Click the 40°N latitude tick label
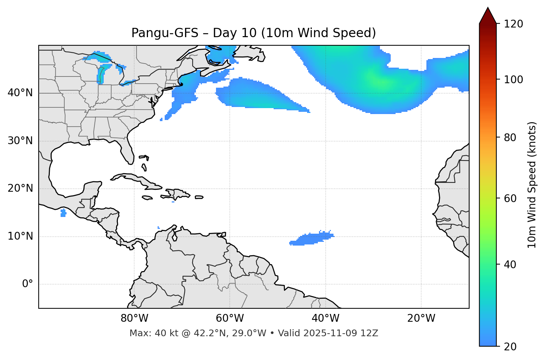click(x=20, y=93)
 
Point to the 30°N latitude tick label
click(x=20, y=141)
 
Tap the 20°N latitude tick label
click(x=20, y=188)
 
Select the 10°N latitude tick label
click(x=20, y=236)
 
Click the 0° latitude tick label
click(x=27, y=284)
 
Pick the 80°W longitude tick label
click(x=134, y=318)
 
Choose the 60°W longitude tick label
click(x=230, y=318)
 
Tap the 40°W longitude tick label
click(x=325, y=318)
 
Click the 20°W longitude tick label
click(x=421, y=318)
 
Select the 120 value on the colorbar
click(x=513, y=24)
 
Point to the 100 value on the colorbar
click(x=513, y=80)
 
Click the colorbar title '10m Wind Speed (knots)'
click(x=532, y=185)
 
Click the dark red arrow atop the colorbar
click(x=488, y=16)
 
